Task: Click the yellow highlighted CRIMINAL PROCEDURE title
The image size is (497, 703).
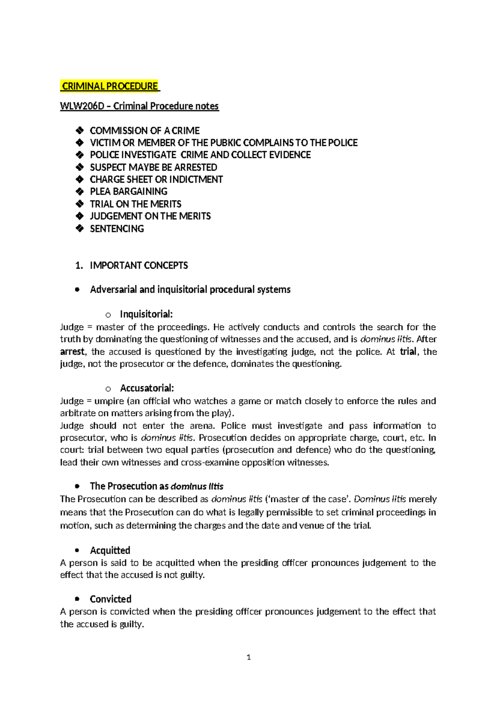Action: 110,86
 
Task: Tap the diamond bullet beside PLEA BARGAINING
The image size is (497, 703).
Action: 80,192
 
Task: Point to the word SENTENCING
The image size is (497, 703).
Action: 117,229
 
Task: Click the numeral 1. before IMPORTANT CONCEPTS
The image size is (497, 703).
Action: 79,266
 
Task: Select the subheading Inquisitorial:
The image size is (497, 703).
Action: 146,314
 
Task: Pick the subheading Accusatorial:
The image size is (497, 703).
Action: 147,388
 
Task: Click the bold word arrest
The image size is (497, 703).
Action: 72,352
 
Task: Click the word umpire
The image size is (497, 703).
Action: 109,401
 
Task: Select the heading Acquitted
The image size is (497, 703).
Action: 110,550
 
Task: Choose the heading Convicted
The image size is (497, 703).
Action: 110,599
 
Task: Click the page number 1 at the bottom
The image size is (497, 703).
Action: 248,657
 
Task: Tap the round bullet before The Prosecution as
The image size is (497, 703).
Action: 77,486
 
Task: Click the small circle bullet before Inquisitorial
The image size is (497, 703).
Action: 108,315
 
